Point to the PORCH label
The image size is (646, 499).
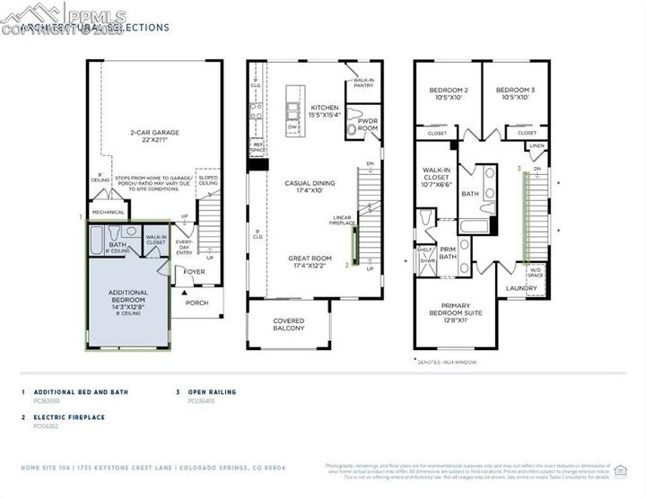click(x=196, y=302)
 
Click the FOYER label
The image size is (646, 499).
click(x=195, y=270)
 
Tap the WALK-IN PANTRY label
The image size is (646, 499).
click(x=363, y=83)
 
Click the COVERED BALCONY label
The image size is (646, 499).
click(x=290, y=325)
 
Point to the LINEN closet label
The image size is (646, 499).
click(x=537, y=145)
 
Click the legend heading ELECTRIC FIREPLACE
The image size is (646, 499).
click(x=68, y=417)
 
